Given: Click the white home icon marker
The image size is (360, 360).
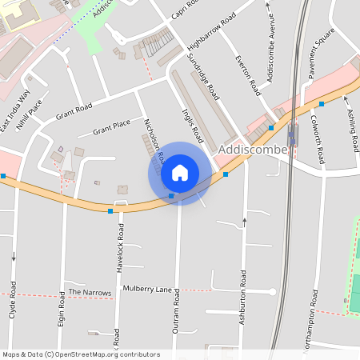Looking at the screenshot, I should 180,173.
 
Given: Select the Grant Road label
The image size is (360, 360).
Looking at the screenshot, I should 74,112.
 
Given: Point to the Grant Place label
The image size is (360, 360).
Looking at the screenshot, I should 111,126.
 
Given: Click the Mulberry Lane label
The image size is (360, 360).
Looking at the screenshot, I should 147,288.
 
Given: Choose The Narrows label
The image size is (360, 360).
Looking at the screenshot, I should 90,293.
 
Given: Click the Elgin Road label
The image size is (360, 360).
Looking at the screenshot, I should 62,309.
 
